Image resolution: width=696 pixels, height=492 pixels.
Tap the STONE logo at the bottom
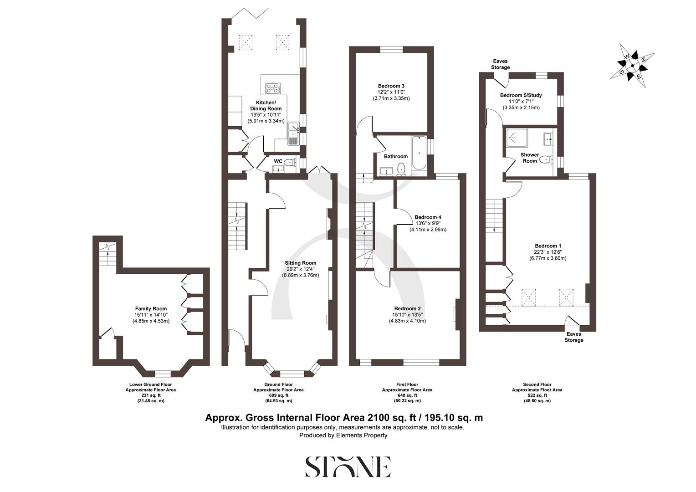pos(348,466)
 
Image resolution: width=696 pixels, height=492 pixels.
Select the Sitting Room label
pos(300,263)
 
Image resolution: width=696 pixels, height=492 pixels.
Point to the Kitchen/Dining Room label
pos(266,106)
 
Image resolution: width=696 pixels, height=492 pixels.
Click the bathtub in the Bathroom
pos(419,155)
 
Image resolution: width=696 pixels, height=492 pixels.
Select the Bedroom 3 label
pos(391,86)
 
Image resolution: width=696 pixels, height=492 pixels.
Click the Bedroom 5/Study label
pos(521,95)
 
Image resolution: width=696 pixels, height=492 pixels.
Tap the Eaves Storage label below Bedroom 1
pos(573,337)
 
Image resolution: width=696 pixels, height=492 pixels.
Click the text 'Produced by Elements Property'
pos(343,435)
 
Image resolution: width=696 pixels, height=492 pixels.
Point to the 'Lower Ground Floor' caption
pos(150,384)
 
